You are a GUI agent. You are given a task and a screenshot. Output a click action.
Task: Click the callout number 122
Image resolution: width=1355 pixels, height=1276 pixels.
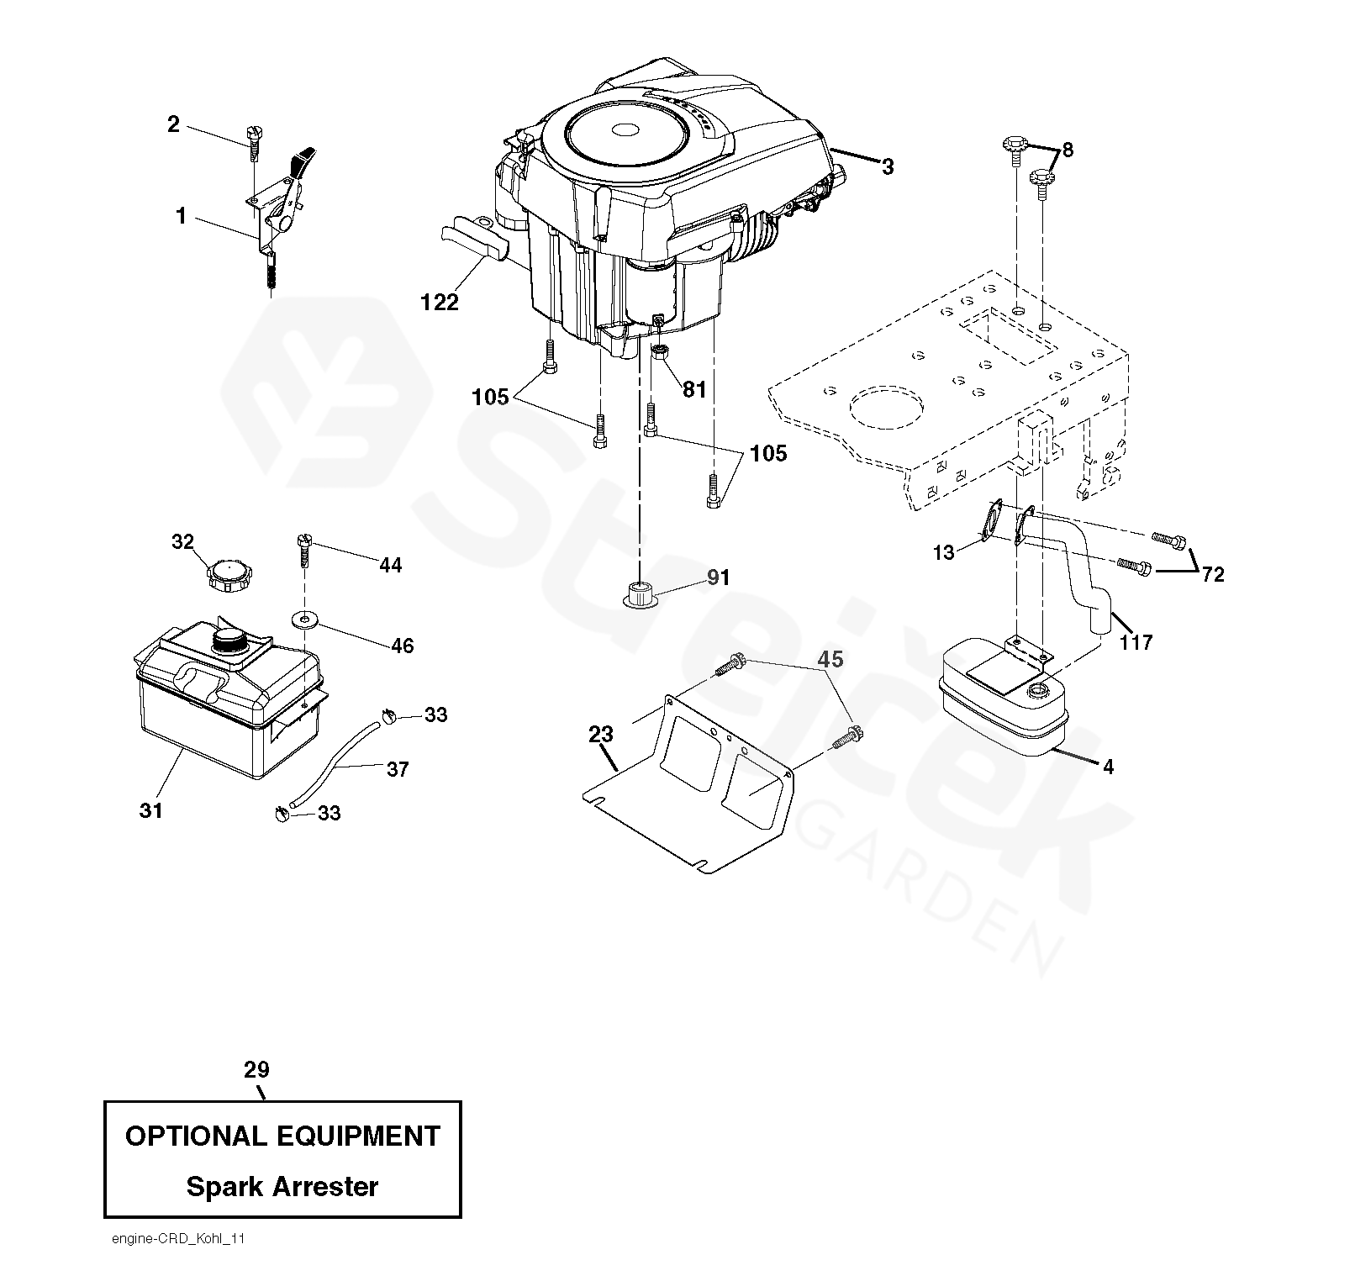[x=440, y=303]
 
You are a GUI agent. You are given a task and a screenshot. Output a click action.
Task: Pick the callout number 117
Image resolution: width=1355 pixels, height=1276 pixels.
[x=1136, y=643]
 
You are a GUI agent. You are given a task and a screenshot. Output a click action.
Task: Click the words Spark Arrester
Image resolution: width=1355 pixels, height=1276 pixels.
[x=282, y=1187]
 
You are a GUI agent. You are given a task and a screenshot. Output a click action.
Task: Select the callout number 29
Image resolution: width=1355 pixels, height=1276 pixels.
[x=256, y=1070]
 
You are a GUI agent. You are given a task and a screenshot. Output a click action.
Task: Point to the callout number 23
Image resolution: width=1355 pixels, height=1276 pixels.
[x=601, y=735]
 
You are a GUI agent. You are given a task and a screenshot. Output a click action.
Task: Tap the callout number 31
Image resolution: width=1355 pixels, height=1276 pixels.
[x=151, y=811]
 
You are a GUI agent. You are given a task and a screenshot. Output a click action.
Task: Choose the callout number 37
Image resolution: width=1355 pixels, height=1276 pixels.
[x=398, y=769]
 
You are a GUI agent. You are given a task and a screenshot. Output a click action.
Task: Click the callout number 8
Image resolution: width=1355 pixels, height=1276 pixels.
[x=1068, y=150]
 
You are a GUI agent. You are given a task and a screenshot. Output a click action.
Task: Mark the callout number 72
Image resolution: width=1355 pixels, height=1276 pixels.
[x=1214, y=575]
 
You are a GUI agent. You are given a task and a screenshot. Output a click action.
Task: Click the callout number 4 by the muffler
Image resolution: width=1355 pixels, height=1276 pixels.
[x=1108, y=767]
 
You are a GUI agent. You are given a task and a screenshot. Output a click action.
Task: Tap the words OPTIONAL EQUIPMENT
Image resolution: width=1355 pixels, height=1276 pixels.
[x=282, y=1136]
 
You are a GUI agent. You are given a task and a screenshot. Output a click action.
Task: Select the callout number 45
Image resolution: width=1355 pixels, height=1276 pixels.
[x=830, y=660]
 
